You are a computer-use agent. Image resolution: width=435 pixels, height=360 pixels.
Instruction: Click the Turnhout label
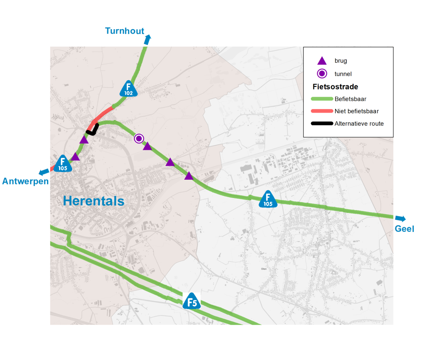[x=124, y=31]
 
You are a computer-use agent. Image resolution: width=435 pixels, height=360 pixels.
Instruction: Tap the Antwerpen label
[x=25, y=181]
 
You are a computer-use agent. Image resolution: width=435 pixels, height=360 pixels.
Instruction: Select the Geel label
[x=404, y=229]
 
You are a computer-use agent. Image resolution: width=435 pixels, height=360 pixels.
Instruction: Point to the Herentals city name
[x=93, y=201]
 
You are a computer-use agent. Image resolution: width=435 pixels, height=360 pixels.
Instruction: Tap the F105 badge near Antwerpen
[x=63, y=164]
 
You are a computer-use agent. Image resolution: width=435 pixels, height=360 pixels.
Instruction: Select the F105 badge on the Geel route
[x=268, y=200]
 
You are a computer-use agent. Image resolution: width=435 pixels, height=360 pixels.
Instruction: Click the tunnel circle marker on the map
[x=139, y=139]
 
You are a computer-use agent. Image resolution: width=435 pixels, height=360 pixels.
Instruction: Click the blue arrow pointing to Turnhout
[x=147, y=40]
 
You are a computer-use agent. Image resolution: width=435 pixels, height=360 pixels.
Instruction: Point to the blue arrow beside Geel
[x=400, y=219]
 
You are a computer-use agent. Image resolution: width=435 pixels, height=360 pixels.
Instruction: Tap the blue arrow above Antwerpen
[x=44, y=172]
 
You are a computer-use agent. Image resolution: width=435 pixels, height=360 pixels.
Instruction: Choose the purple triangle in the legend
[x=322, y=61]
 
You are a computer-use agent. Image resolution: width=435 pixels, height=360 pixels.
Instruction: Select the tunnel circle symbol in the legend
[x=322, y=74]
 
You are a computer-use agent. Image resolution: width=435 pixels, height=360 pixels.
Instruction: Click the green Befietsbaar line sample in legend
[x=322, y=99]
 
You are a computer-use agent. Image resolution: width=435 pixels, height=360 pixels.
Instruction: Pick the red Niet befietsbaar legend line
[x=322, y=111]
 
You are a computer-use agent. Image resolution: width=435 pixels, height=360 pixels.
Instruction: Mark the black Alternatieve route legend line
[x=322, y=124]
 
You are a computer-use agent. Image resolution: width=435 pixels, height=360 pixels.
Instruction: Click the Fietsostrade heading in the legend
[x=335, y=87]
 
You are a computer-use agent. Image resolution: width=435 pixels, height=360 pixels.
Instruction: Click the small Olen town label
[x=264, y=269]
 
